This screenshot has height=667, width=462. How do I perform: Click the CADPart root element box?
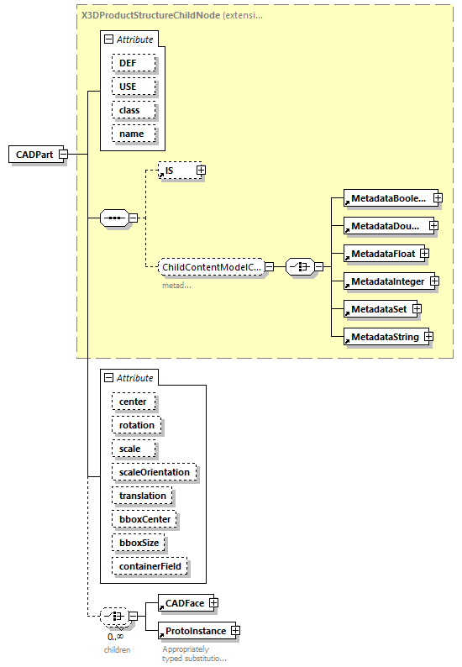click(x=34, y=155)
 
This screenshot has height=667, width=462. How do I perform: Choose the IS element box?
click(x=175, y=171)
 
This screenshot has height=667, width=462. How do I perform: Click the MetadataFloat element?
click(x=383, y=253)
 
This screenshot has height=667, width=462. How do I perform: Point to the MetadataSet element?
click(x=378, y=310)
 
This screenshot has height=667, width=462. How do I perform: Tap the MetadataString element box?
click(x=383, y=337)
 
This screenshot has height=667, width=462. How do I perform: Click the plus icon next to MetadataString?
click(x=428, y=337)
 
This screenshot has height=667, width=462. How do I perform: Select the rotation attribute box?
click(x=137, y=426)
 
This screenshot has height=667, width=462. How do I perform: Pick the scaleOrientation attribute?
click(x=155, y=473)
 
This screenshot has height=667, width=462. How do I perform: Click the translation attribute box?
click(x=143, y=496)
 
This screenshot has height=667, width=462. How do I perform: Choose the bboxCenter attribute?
click(x=144, y=520)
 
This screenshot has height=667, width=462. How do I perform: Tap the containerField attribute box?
click(x=150, y=567)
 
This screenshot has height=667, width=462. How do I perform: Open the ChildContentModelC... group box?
click(x=212, y=267)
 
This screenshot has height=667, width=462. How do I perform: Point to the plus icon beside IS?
click(x=201, y=171)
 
